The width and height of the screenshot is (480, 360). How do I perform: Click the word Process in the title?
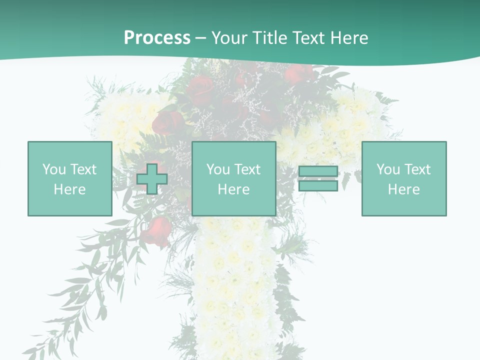coord(157,38)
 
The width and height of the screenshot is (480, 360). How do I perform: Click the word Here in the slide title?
coord(351,38)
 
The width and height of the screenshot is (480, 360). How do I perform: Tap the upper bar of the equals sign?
coord(318,171)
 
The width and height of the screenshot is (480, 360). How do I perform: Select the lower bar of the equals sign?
coord(318,186)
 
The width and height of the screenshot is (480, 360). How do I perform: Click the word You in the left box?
coord(54,169)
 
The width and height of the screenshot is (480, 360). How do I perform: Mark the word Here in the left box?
coord(69,189)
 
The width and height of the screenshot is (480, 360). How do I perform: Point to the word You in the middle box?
coord(218,169)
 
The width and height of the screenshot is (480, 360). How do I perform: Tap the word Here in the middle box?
coord(233,189)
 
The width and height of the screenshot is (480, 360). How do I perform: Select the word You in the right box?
coord(388,169)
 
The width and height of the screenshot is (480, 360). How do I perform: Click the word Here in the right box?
coord(403,189)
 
